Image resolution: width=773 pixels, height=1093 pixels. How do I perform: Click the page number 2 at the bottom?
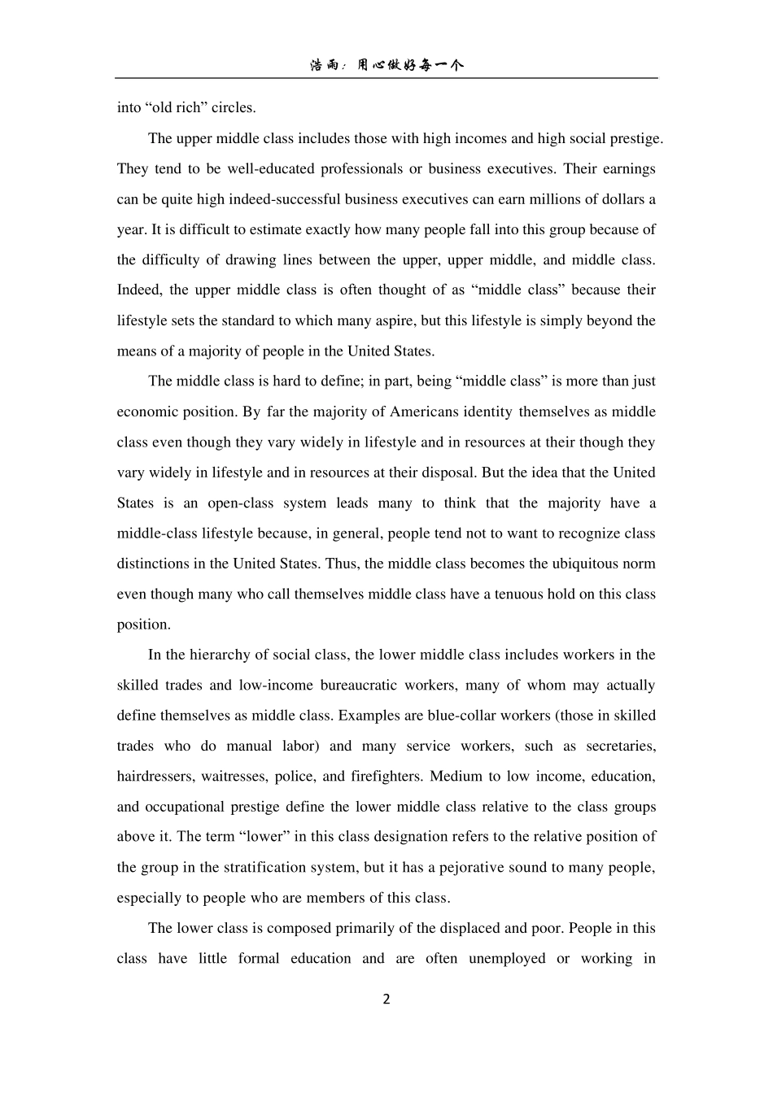click(x=386, y=999)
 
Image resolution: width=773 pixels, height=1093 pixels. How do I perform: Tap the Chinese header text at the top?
click(x=386, y=65)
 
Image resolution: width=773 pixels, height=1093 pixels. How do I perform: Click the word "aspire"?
click(x=395, y=320)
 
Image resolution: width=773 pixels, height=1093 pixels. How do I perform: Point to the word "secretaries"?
click(x=620, y=746)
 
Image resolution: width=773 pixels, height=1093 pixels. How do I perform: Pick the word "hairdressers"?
click(x=155, y=776)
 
